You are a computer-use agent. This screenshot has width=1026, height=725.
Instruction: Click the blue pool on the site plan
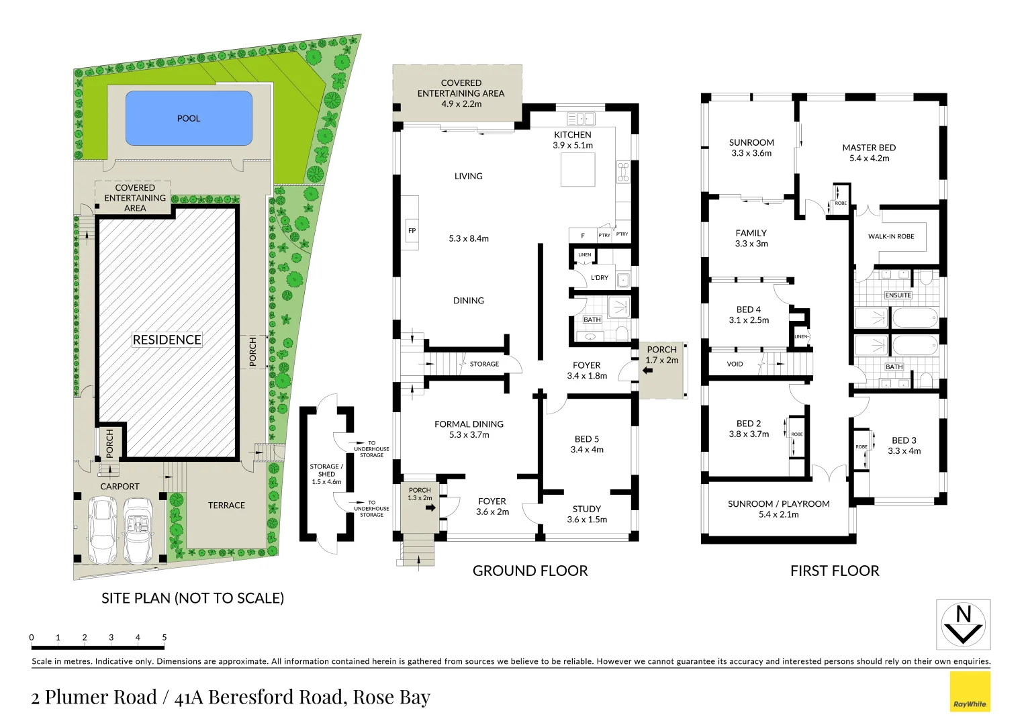tap(189, 118)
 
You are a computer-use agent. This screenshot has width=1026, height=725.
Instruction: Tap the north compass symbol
tap(963, 625)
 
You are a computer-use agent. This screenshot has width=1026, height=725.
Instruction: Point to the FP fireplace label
tap(412, 231)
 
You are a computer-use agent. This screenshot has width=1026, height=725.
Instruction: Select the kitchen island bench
tap(578, 169)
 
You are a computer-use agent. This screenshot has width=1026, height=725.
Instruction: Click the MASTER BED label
tap(869, 148)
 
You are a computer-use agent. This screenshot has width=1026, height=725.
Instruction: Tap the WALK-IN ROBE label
tap(891, 236)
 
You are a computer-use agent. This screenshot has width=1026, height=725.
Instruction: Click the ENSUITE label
tap(898, 295)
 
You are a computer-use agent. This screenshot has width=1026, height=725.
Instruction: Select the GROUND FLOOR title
tap(530, 571)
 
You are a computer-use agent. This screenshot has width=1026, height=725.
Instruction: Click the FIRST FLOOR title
tap(834, 571)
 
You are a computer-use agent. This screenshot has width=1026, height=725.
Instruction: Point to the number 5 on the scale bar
tap(164, 638)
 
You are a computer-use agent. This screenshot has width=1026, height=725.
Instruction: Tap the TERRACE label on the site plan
tap(226, 505)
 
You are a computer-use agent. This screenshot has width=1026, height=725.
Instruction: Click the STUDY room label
tap(586, 509)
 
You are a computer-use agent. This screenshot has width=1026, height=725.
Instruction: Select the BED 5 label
tap(586, 439)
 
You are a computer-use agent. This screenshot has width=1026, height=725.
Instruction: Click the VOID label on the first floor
tap(735, 364)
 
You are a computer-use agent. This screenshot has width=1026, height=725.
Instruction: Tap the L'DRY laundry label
tap(599, 278)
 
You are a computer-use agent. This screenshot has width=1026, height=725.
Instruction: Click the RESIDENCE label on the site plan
tap(167, 340)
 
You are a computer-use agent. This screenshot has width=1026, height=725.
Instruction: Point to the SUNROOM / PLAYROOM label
tap(778, 503)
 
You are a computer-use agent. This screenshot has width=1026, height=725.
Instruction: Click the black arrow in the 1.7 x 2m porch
tap(647, 370)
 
